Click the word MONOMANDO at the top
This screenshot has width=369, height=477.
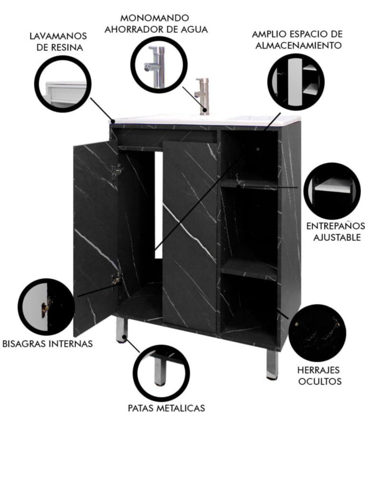click(x=154, y=18)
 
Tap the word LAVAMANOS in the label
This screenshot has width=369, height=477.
click(x=58, y=36)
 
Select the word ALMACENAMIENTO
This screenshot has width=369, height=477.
click(x=298, y=45)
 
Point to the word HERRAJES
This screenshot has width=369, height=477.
click(x=318, y=370)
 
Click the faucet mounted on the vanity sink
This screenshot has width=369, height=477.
click(x=203, y=96)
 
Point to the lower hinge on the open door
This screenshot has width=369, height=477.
click(x=116, y=278)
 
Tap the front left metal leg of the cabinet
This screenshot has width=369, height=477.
click(x=122, y=330)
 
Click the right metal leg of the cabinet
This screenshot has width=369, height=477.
click(x=272, y=364)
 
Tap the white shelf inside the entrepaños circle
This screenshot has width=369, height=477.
click(x=333, y=186)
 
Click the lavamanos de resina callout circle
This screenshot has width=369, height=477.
click(x=62, y=84)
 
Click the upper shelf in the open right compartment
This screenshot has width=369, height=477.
click(x=249, y=184)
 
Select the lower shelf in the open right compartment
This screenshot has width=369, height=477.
click(x=249, y=269)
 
